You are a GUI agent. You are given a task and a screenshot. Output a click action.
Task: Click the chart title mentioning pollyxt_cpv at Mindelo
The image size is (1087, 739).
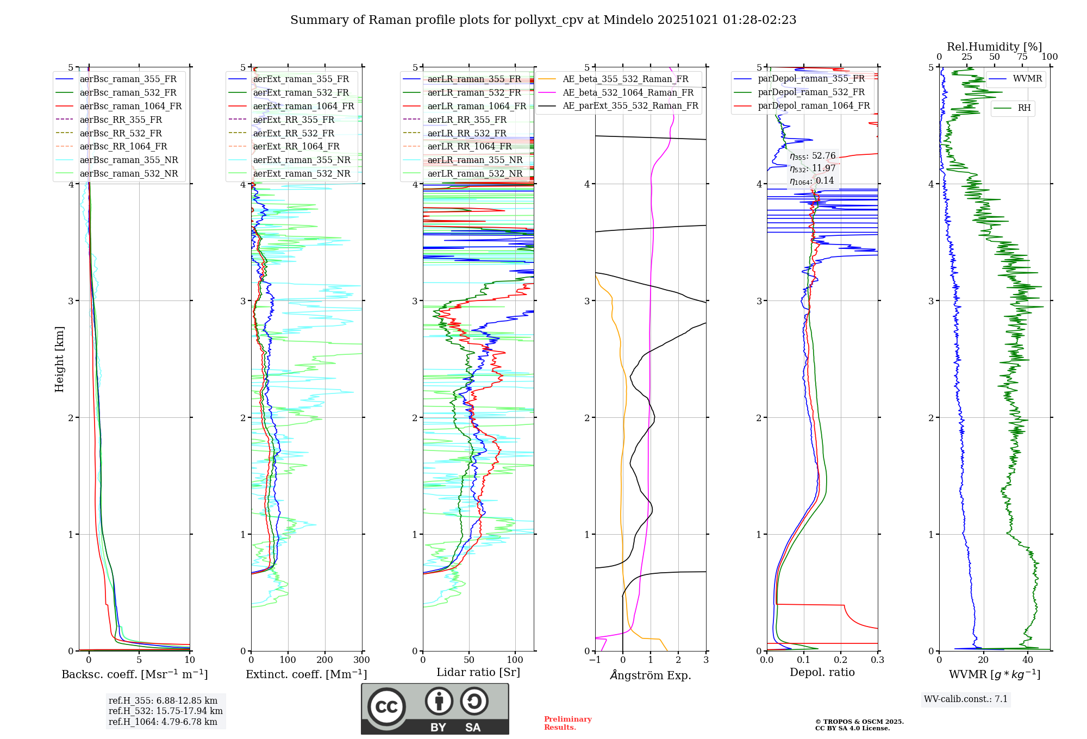tap(543, 20)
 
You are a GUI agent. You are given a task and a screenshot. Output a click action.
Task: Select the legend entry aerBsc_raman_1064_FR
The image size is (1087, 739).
tap(130, 106)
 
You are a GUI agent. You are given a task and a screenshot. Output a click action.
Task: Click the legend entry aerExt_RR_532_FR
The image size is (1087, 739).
tap(293, 133)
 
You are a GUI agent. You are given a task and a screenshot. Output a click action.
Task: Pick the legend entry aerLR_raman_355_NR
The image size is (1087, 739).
tap(474, 160)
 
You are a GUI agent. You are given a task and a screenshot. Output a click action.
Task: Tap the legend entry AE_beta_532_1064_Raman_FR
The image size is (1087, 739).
tap(628, 92)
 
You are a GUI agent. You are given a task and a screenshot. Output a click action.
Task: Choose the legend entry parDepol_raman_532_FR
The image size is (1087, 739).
tap(811, 92)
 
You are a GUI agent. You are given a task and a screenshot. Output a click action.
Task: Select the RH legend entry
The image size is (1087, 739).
tap(1024, 108)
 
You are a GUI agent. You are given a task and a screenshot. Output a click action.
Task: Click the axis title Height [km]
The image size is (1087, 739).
tap(59, 359)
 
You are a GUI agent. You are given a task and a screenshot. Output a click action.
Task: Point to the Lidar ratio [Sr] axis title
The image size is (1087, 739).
tap(478, 672)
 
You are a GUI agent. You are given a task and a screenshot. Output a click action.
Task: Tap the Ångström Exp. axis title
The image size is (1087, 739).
tap(651, 675)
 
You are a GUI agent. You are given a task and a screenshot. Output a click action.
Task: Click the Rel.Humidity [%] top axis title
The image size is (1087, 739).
tap(994, 47)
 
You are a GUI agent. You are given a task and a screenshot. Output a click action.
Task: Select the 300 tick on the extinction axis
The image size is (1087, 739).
tap(361, 660)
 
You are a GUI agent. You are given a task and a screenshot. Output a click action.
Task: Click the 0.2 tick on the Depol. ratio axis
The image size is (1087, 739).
tap(841, 660)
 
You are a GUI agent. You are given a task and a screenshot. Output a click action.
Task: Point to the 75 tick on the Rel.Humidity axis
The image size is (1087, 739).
tap(1022, 57)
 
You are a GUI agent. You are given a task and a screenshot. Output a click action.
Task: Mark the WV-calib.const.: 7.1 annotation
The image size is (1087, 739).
tap(966, 699)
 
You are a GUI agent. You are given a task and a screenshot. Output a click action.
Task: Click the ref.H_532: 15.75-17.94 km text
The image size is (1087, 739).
tap(165, 711)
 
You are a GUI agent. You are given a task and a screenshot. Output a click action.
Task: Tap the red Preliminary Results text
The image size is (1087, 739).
tap(567, 723)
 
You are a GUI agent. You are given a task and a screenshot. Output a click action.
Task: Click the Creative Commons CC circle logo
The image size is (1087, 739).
tap(386, 707)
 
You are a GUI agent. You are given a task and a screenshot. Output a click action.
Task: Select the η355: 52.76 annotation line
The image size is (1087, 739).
tap(813, 156)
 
